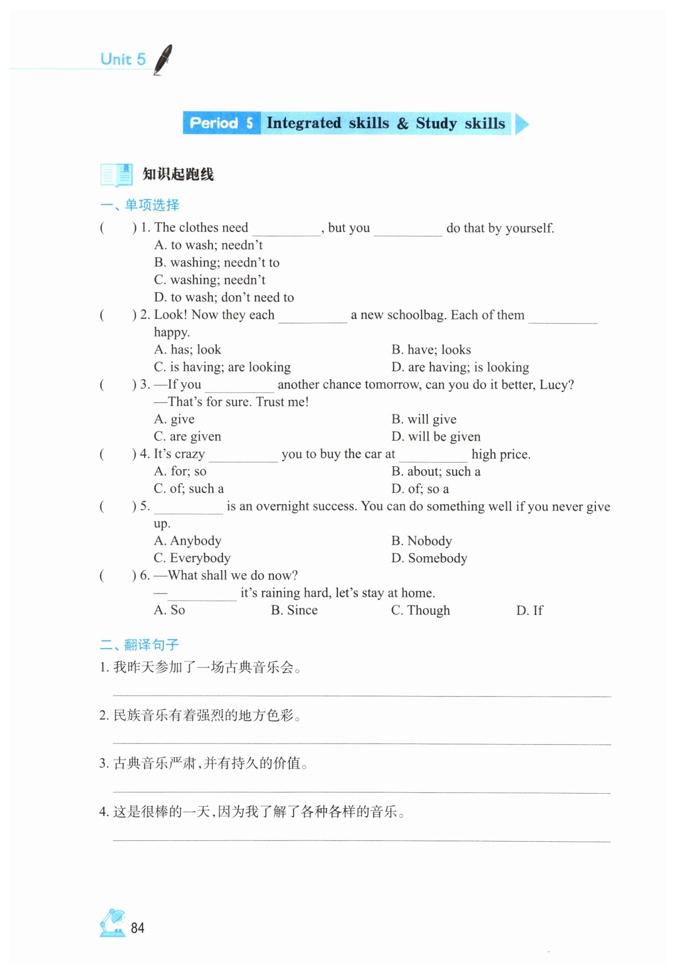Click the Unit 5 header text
[x=123, y=59]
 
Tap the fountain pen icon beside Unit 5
[x=163, y=60]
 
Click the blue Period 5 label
[x=221, y=123]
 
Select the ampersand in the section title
[x=403, y=124]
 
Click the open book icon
[x=116, y=175]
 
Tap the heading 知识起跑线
[x=178, y=174]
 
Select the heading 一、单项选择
[x=140, y=205]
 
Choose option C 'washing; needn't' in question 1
[x=210, y=280]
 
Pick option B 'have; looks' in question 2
[x=431, y=350]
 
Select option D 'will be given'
[x=436, y=437]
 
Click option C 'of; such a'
[x=189, y=489]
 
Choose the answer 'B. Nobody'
[x=422, y=541]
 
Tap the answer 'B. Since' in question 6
[x=294, y=610]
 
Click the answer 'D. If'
[x=529, y=610]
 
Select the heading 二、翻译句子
[x=139, y=644]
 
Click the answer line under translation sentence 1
[x=362, y=696]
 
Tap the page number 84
[x=138, y=928]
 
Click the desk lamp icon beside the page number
[x=113, y=923]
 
